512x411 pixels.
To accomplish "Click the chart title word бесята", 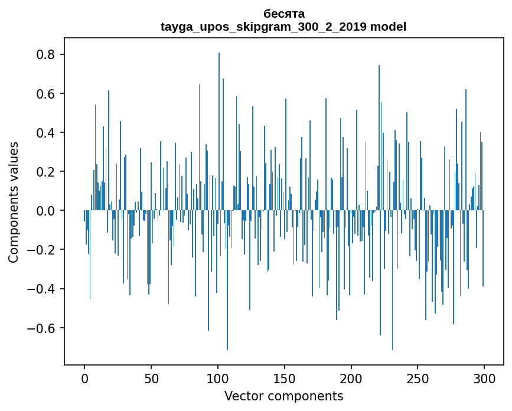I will click(x=284, y=14).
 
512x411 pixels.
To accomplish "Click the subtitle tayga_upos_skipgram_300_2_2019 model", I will click(x=283, y=27).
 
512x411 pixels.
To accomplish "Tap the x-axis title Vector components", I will click(x=283, y=396).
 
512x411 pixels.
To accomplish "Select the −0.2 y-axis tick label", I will click(x=43, y=250).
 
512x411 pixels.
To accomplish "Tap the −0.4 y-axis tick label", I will click(x=43, y=289).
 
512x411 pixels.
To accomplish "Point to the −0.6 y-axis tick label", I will click(x=43, y=328).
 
